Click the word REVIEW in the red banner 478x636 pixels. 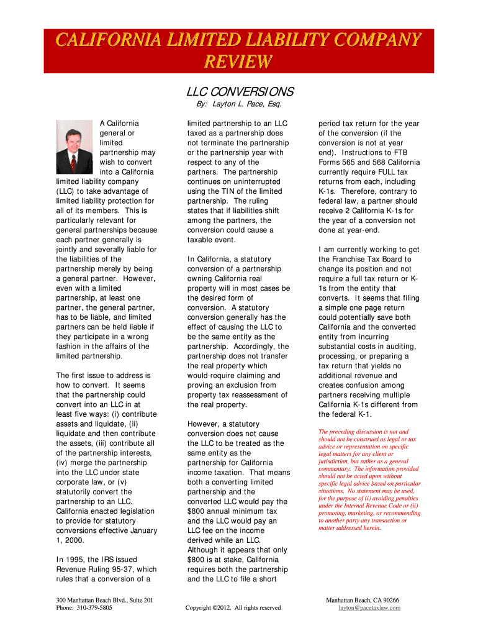(x=238, y=62)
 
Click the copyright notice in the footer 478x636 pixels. (x=233, y=608)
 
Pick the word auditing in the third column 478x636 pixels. (x=398, y=347)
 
